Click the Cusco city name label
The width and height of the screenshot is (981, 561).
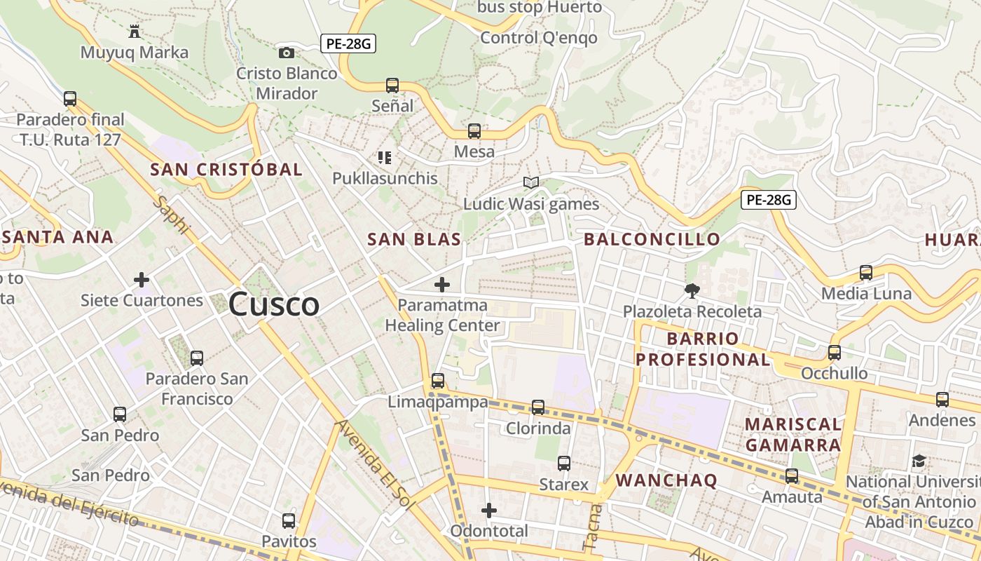coord(274,304)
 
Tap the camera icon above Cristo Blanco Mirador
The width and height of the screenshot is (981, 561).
coord(286,53)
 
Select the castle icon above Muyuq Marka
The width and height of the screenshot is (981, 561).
coord(134,31)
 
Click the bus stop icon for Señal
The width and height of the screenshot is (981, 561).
coord(392,86)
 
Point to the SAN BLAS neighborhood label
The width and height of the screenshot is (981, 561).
coord(414,239)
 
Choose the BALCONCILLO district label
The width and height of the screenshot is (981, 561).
coord(652,239)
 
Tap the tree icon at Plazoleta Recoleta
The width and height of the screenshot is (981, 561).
coord(692,290)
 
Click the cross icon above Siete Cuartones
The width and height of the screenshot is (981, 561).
coord(142,280)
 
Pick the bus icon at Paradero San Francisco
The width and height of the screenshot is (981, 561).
coord(197,358)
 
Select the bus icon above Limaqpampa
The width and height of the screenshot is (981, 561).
coord(438,381)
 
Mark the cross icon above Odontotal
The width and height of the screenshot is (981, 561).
coord(489,510)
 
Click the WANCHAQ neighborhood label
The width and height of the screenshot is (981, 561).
coord(666,480)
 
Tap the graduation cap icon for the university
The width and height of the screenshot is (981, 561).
coord(919,461)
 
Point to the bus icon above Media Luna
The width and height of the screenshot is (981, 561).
coord(866,273)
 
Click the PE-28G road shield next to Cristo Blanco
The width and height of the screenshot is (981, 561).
coord(348,43)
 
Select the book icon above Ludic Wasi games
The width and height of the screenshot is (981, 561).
coord(531,183)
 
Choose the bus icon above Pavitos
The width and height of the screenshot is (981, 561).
coord(289,521)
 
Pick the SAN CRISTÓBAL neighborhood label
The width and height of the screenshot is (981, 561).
coord(226,169)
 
